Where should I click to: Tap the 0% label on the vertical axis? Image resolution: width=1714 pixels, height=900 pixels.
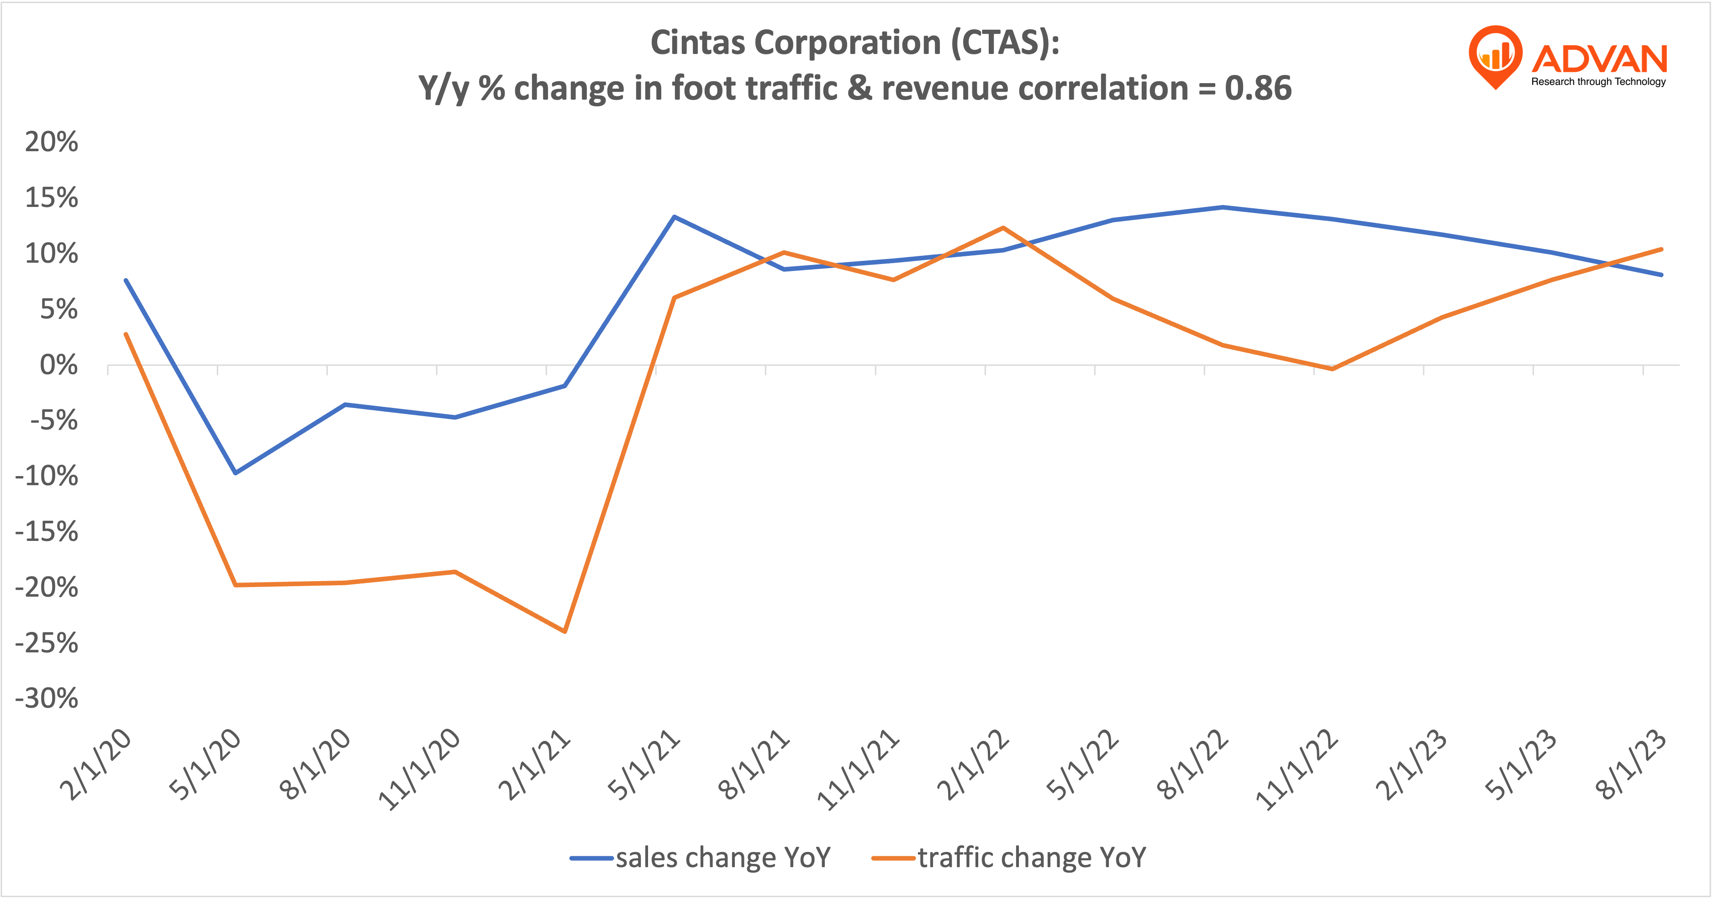pyautogui.click(x=58, y=365)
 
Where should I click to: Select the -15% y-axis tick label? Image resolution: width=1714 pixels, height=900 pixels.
pyautogui.click(x=47, y=532)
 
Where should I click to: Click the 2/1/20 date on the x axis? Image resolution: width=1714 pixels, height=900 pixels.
pyautogui.click(x=96, y=766)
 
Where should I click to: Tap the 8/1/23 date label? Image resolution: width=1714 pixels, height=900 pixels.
pyautogui.click(x=1631, y=766)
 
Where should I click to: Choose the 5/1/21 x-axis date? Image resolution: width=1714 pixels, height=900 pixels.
pyautogui.click(x=644, y=766)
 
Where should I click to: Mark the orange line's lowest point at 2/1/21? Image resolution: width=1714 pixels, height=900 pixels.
pyautogui.click(x=565, y=631)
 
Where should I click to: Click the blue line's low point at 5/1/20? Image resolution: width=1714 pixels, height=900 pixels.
pyautogui.click(x=235, y=473)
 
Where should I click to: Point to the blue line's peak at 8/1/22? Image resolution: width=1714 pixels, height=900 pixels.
pyautogui.click(x=1222, y=207)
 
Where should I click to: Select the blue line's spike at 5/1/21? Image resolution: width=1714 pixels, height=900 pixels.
pyautogui.click(x=674, y=217)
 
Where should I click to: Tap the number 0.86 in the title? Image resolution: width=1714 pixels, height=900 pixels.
pyautogui.click(x=1258, y=89)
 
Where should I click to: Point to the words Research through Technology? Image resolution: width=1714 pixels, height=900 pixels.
pyautogui.click(x=1598, y=82)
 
